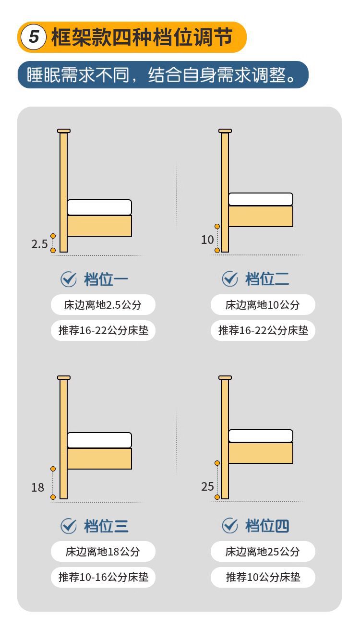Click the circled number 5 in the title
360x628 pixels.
[x=34, y=37]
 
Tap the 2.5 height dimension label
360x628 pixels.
[x=39, y=244]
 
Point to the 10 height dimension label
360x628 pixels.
[x=207, y=240]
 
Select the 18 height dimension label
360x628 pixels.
[x=37, y=487]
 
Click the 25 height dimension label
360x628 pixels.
[x=207, y=486]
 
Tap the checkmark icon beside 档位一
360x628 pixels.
[x=69, y=279]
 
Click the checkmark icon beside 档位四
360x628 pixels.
[x=229, y=525]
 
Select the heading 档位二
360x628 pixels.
[x=267, y=279]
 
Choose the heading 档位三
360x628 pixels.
[x=106, y=526]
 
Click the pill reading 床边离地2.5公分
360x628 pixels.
[x=103, y=305]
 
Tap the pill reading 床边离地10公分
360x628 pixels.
[x=263, y=305]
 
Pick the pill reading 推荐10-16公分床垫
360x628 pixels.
[x=103, y=577]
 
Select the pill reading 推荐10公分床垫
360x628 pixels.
[x=263, y=577]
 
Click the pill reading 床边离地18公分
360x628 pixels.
[x=103, y=552]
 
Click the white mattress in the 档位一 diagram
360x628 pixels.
[x=99, y=207]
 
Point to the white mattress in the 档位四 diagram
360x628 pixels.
[x=261, y=436]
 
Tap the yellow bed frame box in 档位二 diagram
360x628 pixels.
[x=261, y=216]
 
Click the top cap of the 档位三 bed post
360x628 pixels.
[x=64, y=378]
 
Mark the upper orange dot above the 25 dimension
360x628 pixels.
[x=217, y=463]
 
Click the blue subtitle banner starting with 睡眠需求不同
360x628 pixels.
[x=163, y=74]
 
